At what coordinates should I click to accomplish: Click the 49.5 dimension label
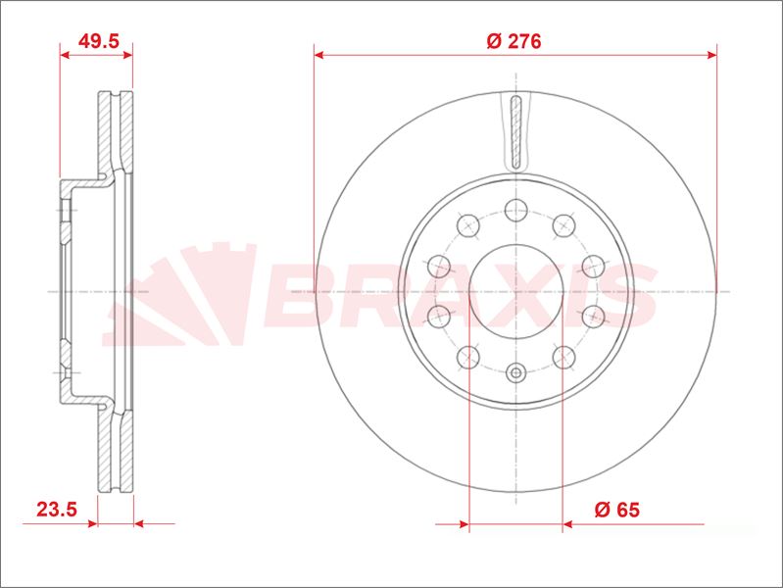tap(99, 41)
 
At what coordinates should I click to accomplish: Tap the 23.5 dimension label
tap(57, 509)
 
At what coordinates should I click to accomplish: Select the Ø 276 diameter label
tap(514, 41)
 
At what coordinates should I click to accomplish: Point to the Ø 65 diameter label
tap(617, 510)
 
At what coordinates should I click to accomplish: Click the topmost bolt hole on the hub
tap(515, 210)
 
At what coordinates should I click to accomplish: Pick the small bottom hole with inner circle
tap(515, 372)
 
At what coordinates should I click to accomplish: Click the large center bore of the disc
tap(515, 292)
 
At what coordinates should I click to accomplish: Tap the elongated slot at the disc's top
tap(515, 132)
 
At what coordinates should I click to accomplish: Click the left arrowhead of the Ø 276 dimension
tap(319, 55)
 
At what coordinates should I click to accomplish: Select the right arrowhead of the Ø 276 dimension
tap(711, 55)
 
